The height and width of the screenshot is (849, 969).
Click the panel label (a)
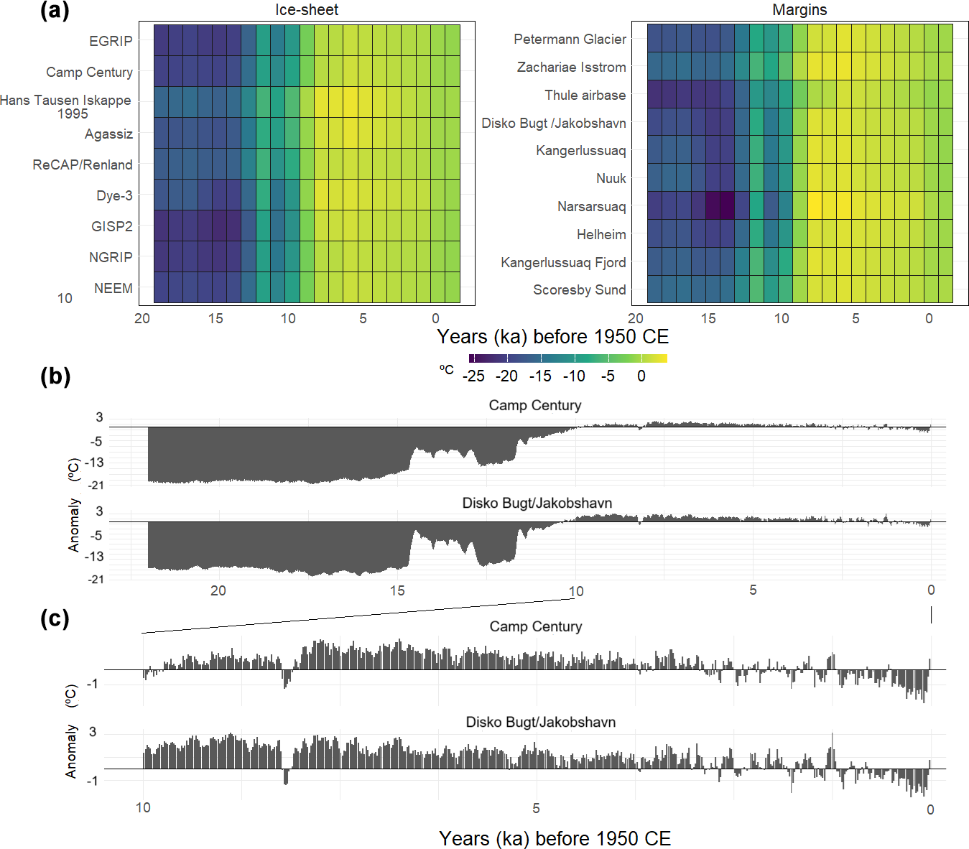click(x=55, y=11)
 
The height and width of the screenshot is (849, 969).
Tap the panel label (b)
click(x=55, y=376)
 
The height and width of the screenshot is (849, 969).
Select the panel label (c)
click(x=55, y=618)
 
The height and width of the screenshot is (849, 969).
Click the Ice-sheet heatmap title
click(x=307, y=10)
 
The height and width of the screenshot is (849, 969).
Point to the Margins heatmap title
click(x=799, y=10)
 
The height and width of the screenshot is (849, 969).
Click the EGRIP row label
click(x=111, y=41)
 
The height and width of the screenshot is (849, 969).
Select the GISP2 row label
click(x=112, y=226)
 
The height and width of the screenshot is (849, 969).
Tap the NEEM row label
click(x=113, y=288)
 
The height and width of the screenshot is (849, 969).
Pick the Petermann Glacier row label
click(x=570, y=40)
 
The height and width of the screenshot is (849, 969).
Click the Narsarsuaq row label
click(x=591, y=207)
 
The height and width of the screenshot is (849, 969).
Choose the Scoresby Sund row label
click(x=579, y=290)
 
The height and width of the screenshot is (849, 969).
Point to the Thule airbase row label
click(x=585, y=96)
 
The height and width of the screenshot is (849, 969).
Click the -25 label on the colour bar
click(x=473, y=376)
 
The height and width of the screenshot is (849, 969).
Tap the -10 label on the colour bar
click(x=574, y=376)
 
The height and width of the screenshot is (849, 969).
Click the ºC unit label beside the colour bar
click(x=447, y=370)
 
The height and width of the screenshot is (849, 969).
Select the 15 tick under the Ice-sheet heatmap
click(x=215, y=318)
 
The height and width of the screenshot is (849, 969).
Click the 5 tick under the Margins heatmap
click(x=856, y=318)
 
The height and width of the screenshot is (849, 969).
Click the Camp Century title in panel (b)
click(x=535, y=405)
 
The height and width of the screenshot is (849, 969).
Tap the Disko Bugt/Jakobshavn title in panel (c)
click(x=540, y=722)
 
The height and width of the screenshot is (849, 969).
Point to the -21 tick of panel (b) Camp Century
click(x=96, y=486)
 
